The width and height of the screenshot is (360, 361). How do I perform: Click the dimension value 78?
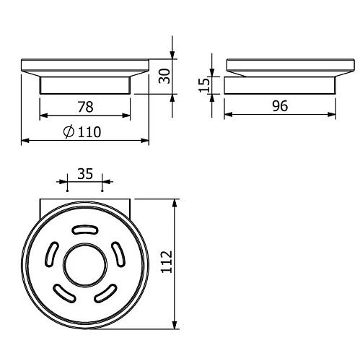tap(84, 107)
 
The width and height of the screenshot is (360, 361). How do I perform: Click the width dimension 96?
tap(280, 105)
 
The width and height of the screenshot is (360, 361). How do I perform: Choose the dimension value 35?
tap(84, 174)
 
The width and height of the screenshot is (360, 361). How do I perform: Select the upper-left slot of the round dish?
tap(52, 254)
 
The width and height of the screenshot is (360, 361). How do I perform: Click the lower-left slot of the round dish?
tap(64, 293)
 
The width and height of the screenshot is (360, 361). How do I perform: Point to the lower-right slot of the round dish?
tap(107, 293)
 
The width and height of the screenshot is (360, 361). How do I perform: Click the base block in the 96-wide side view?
tap(280, 87)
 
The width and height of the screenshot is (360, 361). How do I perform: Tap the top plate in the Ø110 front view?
tap(85, 66)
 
